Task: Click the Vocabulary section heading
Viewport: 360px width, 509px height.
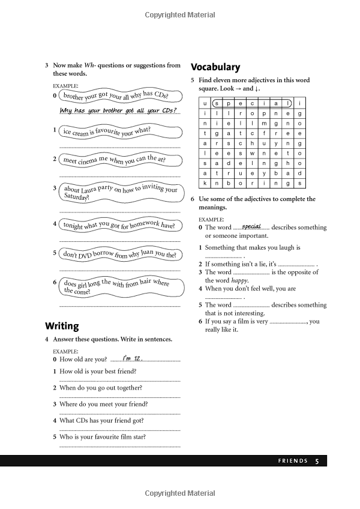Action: pos(215,67)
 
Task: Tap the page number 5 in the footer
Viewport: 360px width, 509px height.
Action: pos(317,461)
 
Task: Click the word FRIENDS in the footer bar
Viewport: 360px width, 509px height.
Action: pos(293,461)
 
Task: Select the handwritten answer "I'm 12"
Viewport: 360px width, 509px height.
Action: pos(131,358)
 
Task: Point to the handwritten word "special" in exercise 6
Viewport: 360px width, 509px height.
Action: pos(251,226)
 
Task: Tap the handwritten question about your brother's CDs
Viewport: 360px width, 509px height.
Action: pos(118,110)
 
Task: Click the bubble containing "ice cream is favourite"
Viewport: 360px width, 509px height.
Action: pos(107,131)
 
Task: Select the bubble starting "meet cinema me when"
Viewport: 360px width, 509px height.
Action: pos(113,160)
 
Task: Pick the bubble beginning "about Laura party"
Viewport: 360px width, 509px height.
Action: pos(120,191)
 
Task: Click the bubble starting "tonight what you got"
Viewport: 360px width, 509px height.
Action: pos(118,225)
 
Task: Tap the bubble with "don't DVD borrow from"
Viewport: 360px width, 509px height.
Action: pos(119,254)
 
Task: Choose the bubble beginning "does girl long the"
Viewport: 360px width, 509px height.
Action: pos(116,286)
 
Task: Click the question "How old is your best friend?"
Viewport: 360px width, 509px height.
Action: pos(97,371)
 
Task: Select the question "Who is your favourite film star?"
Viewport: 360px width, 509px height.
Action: pos(102,437)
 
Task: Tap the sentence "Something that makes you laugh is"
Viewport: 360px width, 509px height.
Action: pos(253,247)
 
